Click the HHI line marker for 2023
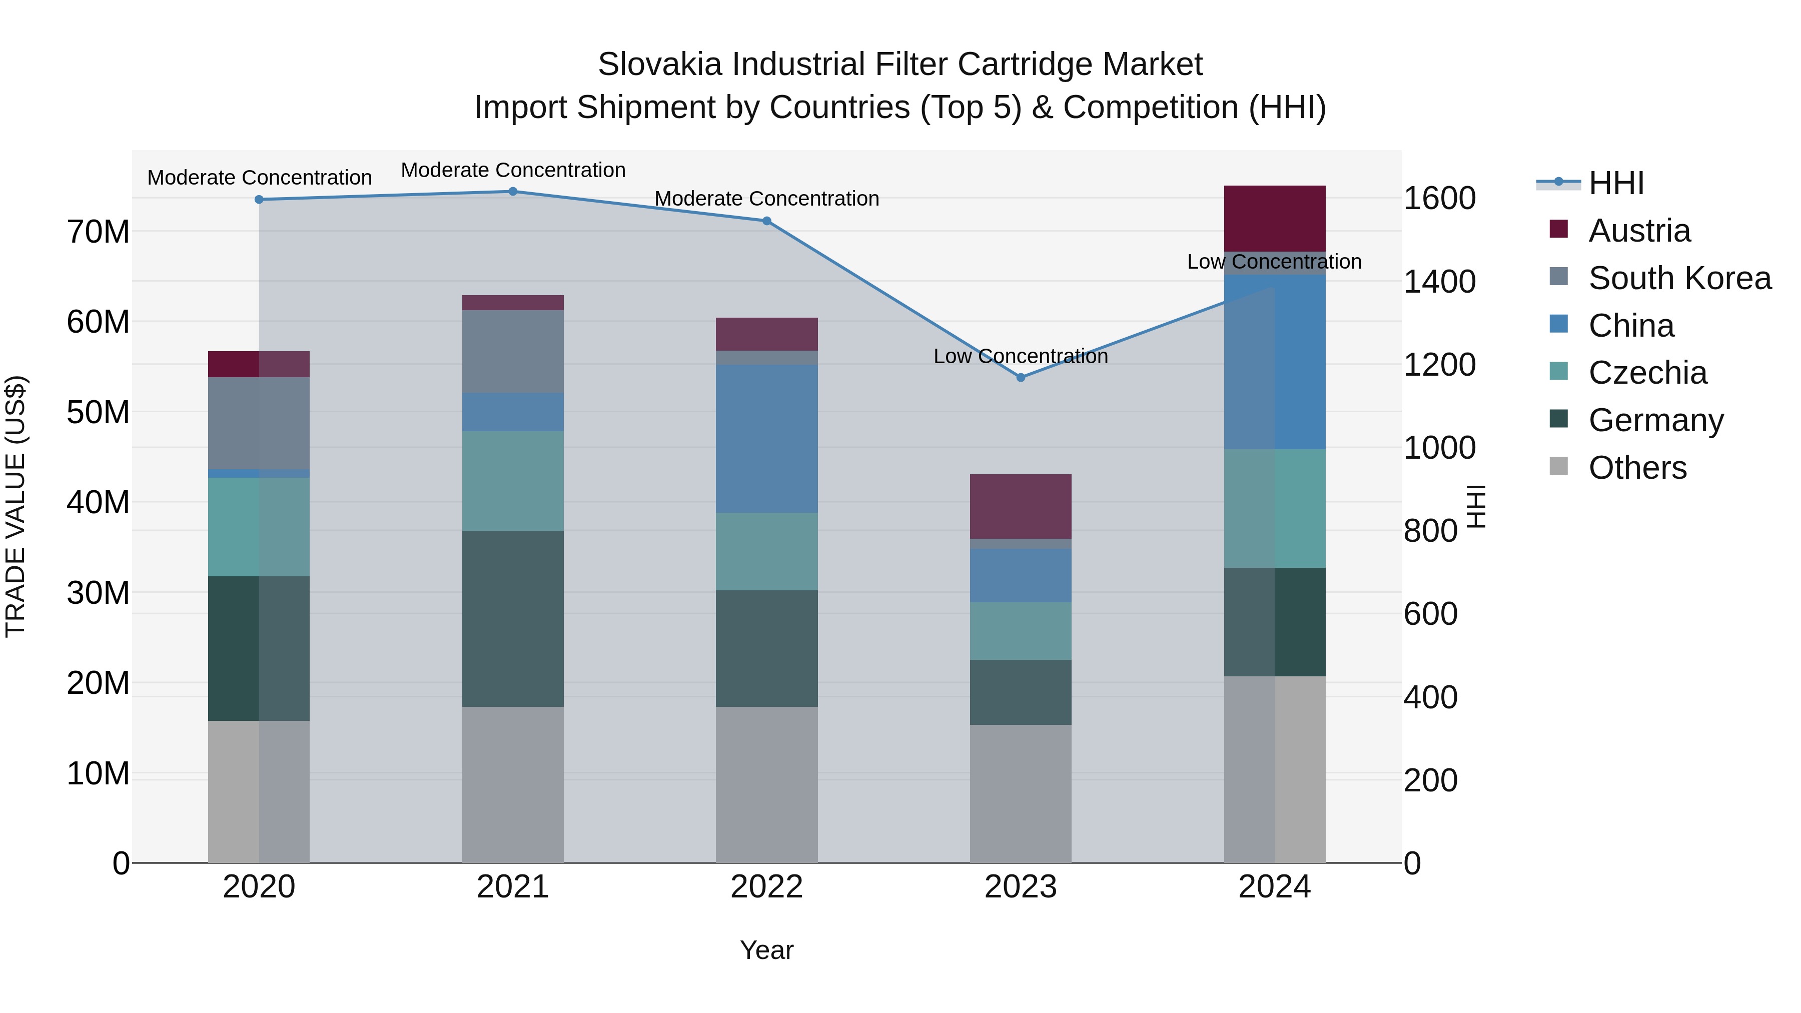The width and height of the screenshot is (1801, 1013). (x=1020, y=378)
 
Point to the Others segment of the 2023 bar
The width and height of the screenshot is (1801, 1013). (x=1020, y=793)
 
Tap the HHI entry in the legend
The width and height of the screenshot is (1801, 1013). (x=1615, y=183)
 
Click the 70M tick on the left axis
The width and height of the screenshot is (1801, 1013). (x=98, y=232)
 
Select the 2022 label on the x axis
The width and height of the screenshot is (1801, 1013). (x=766, y=887)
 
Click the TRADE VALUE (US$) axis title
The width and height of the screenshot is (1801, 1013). (x=16, y=506)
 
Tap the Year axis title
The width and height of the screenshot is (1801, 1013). (x=766, y=950)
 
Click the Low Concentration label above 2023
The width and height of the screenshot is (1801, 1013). (x=1020, y=357)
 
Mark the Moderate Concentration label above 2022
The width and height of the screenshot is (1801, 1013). (x=766, y=199)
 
